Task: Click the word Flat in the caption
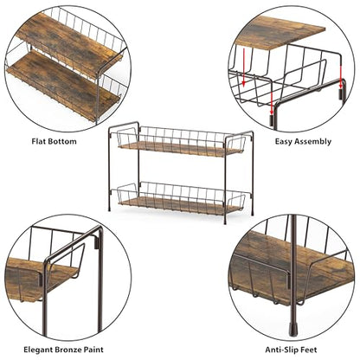click(x=39, y=141)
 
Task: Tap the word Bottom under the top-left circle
click(x=62, y=141)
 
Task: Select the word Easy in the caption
click(x=283, y=142)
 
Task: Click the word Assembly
click(x=312, y=142)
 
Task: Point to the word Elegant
click(x=39, y=350)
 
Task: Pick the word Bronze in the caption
click(x=69, y=350)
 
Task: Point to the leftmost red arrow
click(x=244, y=67)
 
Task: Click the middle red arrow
click(x=272, y=104)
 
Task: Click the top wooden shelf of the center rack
click(x=180, y=149)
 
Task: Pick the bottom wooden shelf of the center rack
click(x=180, y=205)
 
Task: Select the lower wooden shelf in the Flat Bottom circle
click(x=63, y=84)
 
